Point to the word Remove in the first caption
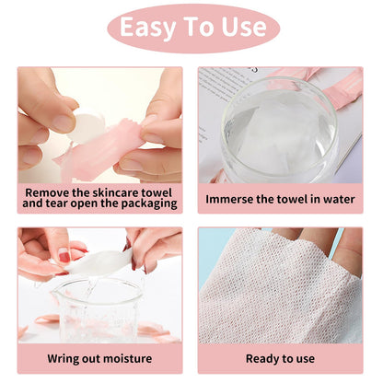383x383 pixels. pos(48,192)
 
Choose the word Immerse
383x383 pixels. pos(235,198)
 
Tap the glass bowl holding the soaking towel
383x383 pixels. pos(280,133)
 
